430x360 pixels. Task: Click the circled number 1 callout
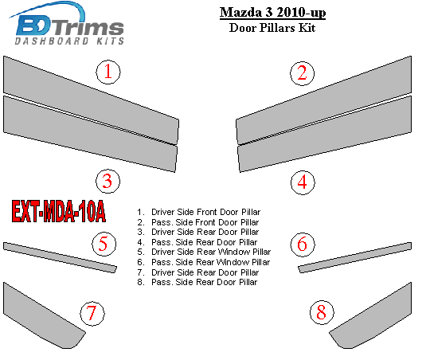coord(108,72)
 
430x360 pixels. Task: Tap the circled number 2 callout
coord(303,73)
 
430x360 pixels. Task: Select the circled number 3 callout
coord(107,181)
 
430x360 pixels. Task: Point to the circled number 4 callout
coord(303,182)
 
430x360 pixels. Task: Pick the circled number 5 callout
coord(104,244)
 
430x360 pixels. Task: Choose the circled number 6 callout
coord(303,245)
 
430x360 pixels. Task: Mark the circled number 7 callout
coord(92,313)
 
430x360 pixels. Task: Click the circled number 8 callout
coord(322,312)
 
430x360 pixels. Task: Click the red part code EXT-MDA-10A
coord(59,211)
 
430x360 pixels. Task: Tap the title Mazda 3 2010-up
coord(272,13)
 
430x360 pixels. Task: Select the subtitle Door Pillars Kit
coord(272,28)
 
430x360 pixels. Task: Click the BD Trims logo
coord(67,24)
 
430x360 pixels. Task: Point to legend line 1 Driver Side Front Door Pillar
coord(199,212)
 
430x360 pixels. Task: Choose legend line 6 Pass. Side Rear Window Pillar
coord(204,262)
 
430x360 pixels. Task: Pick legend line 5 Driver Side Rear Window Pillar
coord(204,252)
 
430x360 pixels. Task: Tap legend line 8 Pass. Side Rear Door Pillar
coord(197,283)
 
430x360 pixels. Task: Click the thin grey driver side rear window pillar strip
coord(60,257)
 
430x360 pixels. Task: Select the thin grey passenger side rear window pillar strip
coord(354,257)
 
